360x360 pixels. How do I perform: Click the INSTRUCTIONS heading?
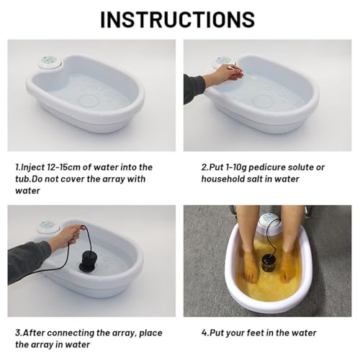pos(177,19)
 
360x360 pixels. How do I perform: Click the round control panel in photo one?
pos(50,63)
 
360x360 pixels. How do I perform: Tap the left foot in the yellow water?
pos(249,259)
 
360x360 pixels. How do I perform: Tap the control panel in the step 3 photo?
pos(48,226)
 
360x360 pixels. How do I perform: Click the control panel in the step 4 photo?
pos(271,218)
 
